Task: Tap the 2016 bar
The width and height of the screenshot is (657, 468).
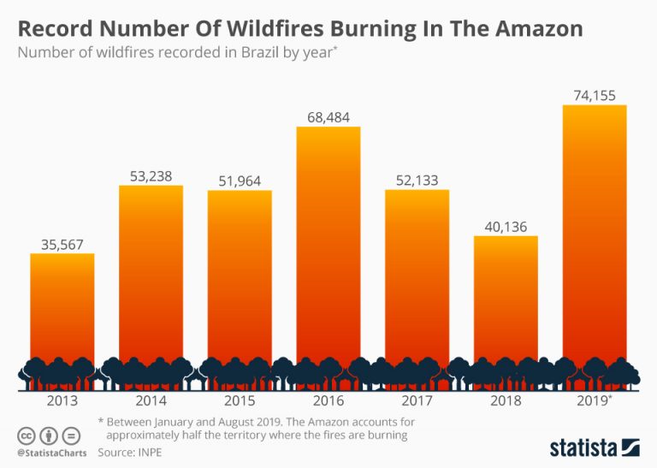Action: pos(328,248)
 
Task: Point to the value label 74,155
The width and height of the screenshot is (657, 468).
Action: pos(594,96)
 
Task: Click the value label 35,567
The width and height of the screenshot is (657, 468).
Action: pos(62,244)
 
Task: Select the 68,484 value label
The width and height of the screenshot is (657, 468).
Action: pos(328,116)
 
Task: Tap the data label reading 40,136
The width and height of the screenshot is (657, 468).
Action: pos(506,227)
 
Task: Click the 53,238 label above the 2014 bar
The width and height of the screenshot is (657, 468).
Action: pos(151,176)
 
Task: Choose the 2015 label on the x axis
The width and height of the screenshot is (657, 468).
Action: pos(240,400)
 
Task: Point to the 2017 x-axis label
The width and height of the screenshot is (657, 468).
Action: pos(417,400)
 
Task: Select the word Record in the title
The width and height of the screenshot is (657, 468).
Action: pos(55,28)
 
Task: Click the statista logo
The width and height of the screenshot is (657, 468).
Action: pos(595,447)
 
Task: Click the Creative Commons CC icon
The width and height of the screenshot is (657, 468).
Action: pos(25,435)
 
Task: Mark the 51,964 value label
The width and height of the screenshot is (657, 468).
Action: pos(240,181)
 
